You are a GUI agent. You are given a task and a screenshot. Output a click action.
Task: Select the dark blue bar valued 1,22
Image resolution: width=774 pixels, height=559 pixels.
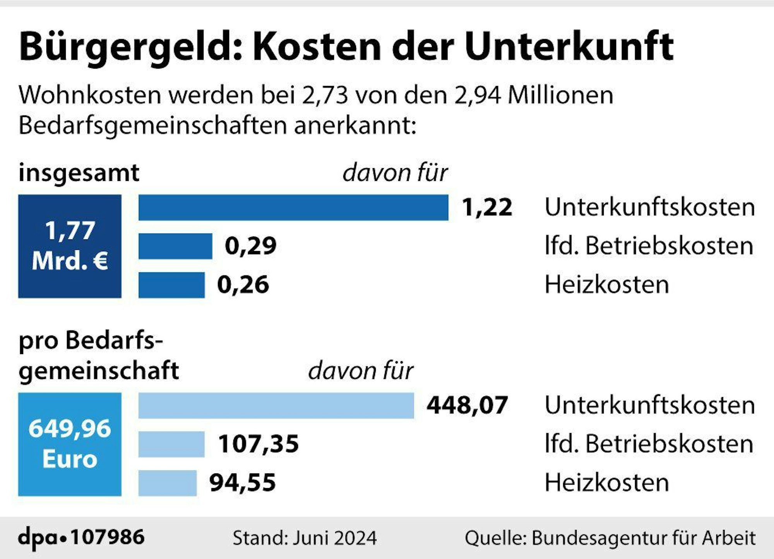(293, 208)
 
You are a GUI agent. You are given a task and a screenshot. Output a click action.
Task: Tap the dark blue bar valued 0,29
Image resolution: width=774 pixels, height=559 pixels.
(175, 246)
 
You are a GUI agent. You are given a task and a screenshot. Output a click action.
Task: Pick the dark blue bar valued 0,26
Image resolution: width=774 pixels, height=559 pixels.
(171, 285)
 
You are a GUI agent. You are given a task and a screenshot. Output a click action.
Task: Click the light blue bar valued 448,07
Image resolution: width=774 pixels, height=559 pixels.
(276, 406)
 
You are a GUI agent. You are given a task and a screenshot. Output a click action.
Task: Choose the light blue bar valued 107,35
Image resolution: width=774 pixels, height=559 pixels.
(171, 444)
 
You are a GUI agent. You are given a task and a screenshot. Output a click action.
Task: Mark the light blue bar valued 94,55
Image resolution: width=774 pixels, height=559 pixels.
(168, 483)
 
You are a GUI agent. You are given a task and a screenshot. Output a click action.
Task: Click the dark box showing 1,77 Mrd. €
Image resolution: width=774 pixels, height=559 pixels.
(70, 246)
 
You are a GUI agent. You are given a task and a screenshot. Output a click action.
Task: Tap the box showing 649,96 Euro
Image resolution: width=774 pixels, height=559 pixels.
(70, 444)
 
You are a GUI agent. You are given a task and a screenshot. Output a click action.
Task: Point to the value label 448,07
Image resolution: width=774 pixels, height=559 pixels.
(467, 406)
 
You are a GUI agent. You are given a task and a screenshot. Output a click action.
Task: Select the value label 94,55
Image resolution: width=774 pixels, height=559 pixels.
(242, 483)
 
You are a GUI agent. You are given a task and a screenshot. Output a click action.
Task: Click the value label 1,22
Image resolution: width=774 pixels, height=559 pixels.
(487, 208)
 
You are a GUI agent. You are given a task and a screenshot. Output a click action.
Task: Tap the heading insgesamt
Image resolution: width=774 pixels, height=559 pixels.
(79, 173)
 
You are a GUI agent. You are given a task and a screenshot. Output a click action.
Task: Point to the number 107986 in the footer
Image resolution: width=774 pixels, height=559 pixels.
(108, 537)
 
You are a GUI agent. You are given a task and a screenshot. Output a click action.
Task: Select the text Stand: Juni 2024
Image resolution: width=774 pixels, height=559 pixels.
(305, 538)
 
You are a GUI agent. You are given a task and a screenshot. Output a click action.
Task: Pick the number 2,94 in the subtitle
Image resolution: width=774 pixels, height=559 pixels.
(477, 95)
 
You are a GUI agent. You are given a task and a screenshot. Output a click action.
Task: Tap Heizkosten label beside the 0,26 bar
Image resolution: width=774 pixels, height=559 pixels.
(606, 285)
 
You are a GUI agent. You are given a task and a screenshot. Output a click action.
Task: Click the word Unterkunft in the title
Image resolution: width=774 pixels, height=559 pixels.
(569, 47)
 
